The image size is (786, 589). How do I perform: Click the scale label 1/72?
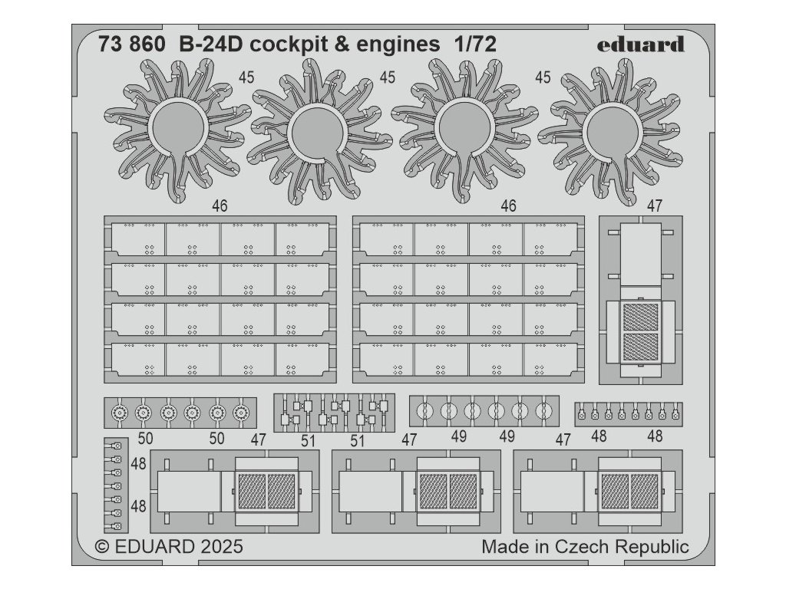click(x=474, y=44)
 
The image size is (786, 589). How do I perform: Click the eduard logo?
click(x=640, y=44)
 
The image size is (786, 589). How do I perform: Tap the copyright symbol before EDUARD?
click(x=101, y=547)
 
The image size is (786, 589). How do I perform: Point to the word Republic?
click(x=650, y=547)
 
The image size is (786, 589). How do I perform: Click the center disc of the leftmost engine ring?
click(x=177, y=128)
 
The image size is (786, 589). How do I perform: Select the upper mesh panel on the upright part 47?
click(x=640, y=317)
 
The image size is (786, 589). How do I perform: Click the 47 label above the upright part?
click(x=654, y=206)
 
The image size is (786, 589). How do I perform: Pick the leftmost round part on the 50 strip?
click(x=119, y=413)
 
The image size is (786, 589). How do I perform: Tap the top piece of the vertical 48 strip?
click(x=117, y=446)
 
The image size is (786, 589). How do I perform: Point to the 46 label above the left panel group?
click(x=220, y=206)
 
